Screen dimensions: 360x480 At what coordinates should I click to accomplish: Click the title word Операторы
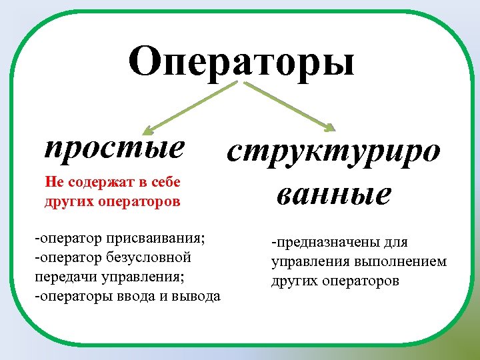tap(241, 62)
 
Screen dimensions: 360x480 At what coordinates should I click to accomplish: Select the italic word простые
tap(114, 147)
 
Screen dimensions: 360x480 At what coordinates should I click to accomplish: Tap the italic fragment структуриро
tap(333, 152)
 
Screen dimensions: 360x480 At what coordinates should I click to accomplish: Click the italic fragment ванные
tap(333, 194)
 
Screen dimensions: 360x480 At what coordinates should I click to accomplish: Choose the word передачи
tap(61, 276)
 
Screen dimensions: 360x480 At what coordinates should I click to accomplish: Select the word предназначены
tap(328, 242)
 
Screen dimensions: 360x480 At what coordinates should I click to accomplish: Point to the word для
tap(395, 242)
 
